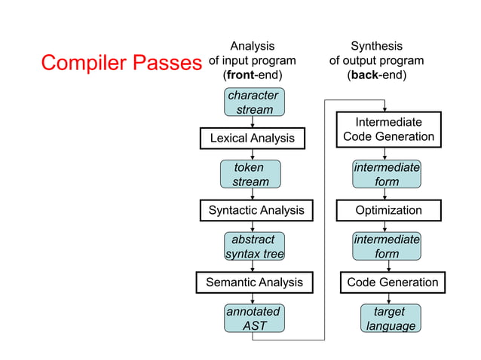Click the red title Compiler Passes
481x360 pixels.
tap(121, 63)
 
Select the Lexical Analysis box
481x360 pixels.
tap(252, 139)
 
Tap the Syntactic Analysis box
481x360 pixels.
tap(256, 210)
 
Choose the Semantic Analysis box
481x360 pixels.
tap(254, 282)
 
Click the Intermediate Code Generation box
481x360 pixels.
tap(388, 129)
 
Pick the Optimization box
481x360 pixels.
tap(388, 210)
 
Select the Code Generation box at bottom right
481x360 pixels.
tap(392, 282)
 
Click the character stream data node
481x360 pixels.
tap(253, 102)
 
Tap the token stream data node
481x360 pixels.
tap(250, 174)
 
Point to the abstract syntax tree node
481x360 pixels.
tap(254, 246)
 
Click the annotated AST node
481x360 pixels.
tap(253, 318)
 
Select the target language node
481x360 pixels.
tap(390, 318)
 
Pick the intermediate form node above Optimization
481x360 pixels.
tap(386, 174)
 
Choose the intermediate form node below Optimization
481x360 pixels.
tap(386, 246)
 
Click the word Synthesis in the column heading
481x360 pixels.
tap(376, 46)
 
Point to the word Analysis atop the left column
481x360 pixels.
tap(252, 46)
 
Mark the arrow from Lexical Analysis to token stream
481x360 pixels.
tap(253, 154)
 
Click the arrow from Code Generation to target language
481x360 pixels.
tap(389, 298)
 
